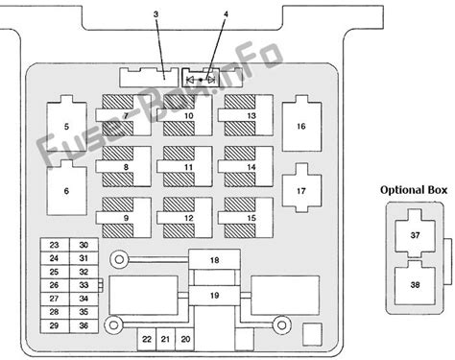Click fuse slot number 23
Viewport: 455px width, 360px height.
point(55,245)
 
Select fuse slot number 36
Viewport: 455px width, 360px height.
point(84,325)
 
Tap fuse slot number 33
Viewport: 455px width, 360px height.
point(84,285)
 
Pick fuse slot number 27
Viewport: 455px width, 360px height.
point(55,299)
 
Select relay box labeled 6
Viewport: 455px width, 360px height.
point(66,188)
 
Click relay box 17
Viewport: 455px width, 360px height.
point(301,188)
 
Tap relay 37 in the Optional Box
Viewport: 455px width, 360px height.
point(415,234)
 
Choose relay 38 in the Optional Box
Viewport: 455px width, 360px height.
point(415,282)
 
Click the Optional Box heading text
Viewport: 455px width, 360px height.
point(414,190)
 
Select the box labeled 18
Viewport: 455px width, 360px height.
point(214,260)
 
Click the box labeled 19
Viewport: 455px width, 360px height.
point(214,296)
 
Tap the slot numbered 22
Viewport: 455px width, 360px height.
point(147,339)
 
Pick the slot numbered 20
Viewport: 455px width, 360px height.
point(185,339)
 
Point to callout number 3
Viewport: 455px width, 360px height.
point(156,14)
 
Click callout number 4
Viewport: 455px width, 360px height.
point(226,14)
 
